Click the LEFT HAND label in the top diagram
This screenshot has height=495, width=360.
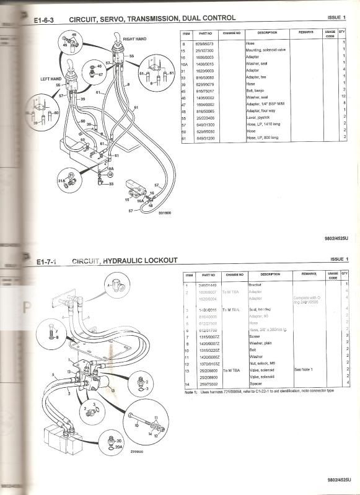pos(51,79)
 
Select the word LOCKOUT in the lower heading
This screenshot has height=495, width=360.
pos(159,260)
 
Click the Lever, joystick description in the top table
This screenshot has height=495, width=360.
pos(257,117)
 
